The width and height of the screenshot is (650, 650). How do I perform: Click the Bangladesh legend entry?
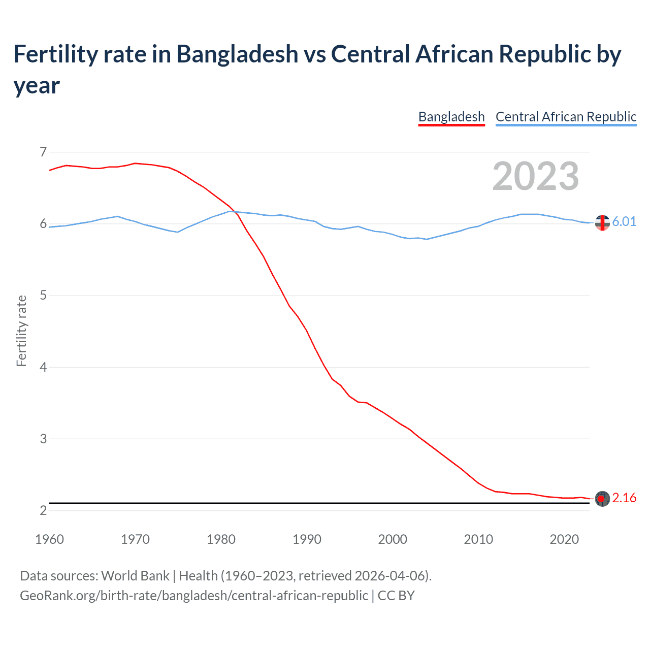coord(451,117)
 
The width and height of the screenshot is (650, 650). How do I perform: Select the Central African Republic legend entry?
coord(566,117)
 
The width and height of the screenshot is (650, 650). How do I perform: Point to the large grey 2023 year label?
coord(536,176)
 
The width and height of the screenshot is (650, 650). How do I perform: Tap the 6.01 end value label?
coord(624,221)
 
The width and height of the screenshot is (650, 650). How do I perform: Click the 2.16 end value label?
coord(624,498)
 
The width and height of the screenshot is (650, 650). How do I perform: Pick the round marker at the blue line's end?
coord(602,222)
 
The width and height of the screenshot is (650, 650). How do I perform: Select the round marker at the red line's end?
coord(602,499)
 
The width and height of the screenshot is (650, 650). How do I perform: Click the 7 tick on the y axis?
coord(43,152)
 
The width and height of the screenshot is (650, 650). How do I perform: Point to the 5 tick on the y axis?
coord(43,295)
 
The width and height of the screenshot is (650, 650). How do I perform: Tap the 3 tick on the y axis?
coord(43,438)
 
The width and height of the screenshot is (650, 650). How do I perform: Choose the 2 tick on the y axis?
coord(43,510)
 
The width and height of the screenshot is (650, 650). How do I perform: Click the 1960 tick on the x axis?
coord(49,539)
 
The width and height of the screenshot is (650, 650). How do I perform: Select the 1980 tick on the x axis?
coord(221,539)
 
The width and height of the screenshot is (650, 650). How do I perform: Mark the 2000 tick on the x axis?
coord(393,539)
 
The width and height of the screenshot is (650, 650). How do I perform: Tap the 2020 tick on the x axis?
coord(564,539)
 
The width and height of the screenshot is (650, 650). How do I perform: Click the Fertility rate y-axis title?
coord(21,331)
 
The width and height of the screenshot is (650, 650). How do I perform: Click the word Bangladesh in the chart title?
coord(237,54)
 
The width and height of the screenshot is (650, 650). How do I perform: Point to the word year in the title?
coord(37,85)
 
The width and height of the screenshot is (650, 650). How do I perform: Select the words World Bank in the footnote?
coord(135,576)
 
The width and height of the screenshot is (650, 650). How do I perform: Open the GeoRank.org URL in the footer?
coord(194,595)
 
